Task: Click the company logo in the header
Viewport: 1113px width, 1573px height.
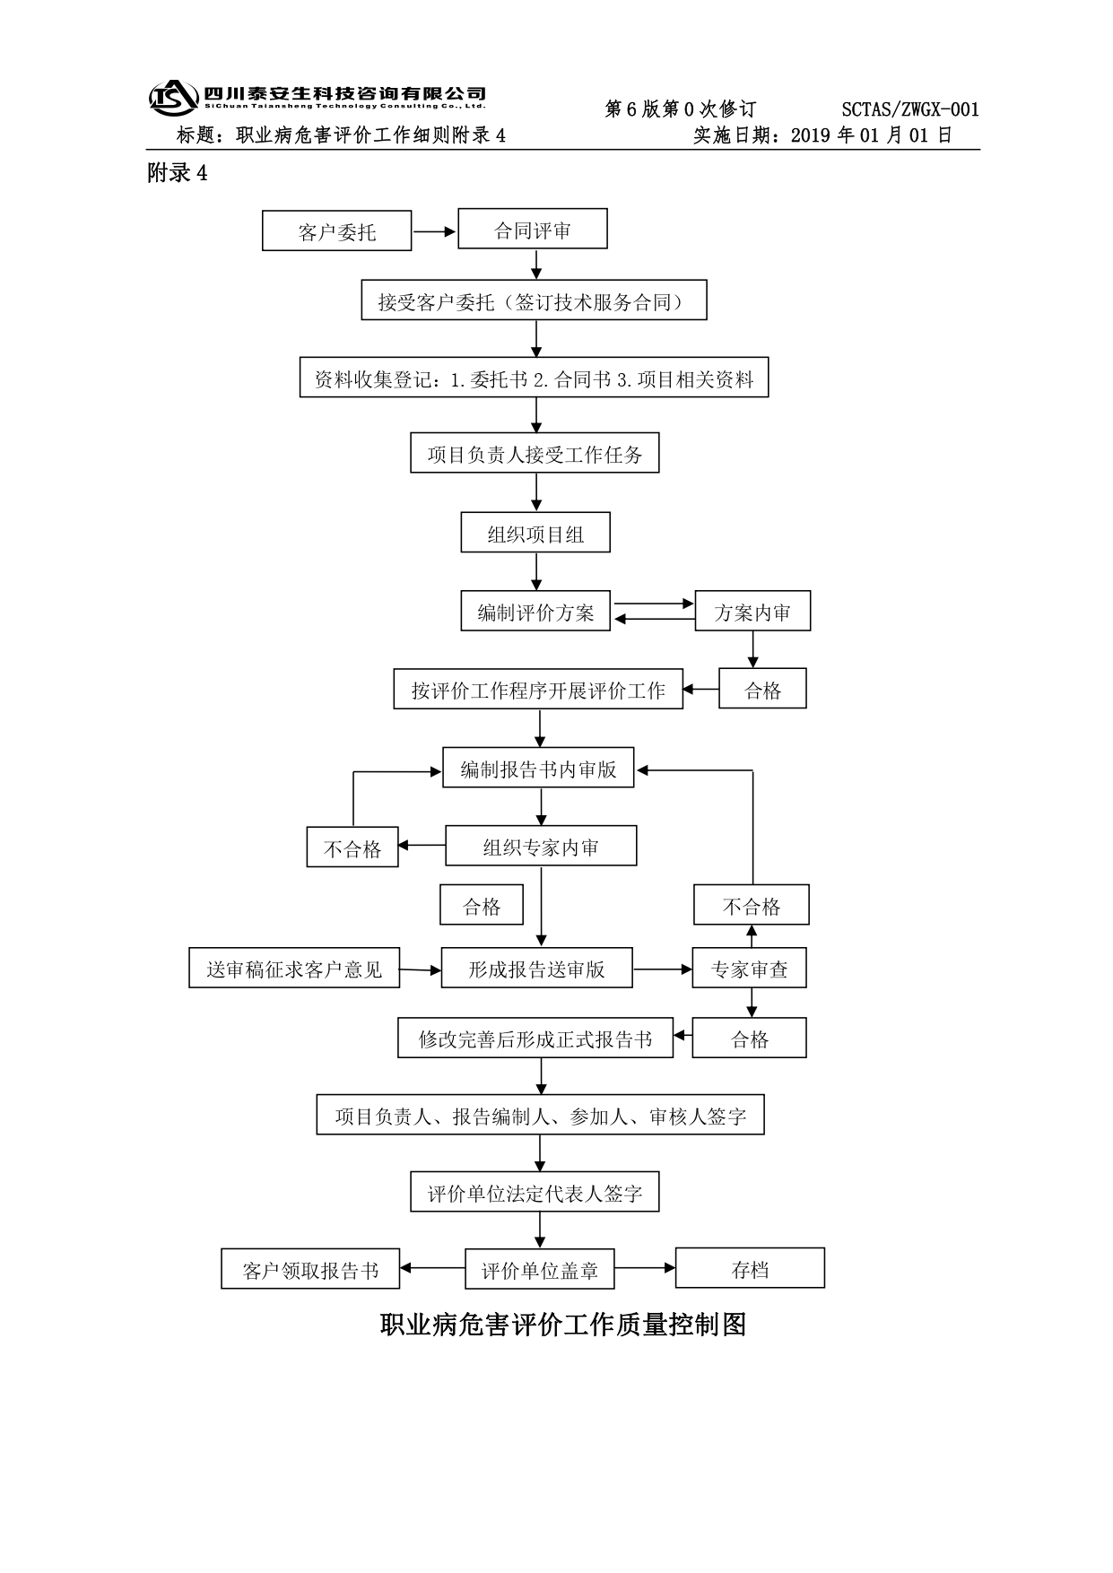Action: click(173, 98)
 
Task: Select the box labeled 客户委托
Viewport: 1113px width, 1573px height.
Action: click(336, 231)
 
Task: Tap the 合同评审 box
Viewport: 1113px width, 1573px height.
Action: click(533, 230)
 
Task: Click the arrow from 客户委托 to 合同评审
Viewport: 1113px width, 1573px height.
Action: click(435, 231)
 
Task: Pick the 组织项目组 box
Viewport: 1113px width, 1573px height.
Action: click(535, 533)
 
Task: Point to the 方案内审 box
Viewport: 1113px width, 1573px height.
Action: click(752, 611)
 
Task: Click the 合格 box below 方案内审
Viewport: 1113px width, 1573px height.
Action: click(762, 689)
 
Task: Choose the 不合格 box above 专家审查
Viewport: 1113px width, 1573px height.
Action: click(752, 905)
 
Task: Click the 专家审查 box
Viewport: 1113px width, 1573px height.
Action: click(749, 969)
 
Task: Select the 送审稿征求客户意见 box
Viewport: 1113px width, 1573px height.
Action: click(294, 969)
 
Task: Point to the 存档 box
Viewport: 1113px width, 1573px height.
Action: click(750, 1268)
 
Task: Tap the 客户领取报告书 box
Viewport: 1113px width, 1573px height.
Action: click(310, 1269)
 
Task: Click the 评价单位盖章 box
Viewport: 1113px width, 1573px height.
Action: click(539, 1269)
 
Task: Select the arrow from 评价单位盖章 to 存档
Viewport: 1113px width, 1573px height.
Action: click(644, 1268)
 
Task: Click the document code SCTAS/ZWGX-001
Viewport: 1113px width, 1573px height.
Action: click(910, 109)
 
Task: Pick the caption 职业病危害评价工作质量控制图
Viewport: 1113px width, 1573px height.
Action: click(563, 1325)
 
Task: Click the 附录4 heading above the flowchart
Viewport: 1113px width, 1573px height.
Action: click(178, 173)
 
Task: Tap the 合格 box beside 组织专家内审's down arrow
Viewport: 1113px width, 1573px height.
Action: click(482, 905)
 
